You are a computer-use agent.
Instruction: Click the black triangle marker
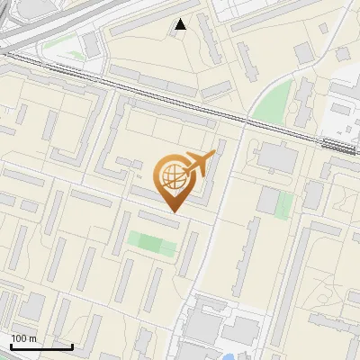pyautogui.click(x=181, y=24)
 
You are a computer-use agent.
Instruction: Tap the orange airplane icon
pyautogui.click(x=199, y=164)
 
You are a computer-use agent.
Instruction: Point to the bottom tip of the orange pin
pyautogui.click(x=174, y=211)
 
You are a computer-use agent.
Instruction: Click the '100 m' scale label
pyautogui.click(x=24, y=338)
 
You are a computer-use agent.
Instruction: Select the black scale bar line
pyautogui.click(x=41, y=346)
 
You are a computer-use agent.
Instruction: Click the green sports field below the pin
pyautogui.click(x=150, y=242)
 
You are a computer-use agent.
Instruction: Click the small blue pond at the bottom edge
pyautogui.click(x=232, y=357)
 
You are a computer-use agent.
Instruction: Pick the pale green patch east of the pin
pyautogui.click(x=284, y=204)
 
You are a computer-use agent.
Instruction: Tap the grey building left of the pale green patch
pyautogui.click(x=267, y=201)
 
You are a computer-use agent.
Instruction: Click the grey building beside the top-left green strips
pyautogui.click(x=92, y=45)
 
